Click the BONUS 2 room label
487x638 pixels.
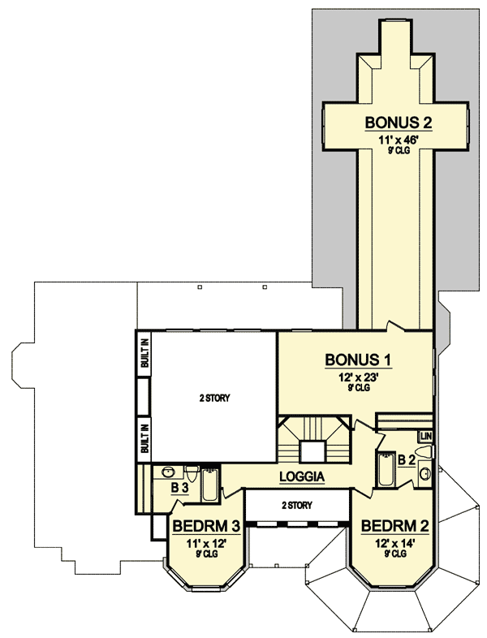click(x=397, y=123)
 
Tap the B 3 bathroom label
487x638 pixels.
click(x=179, y=489)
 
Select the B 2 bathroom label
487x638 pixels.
click(x=407, y=460)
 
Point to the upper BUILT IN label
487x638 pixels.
click(x=144, y=355)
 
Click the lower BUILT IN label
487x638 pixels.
click(x=144, y=438)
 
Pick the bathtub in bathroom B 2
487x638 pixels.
click(x=385, y=471)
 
